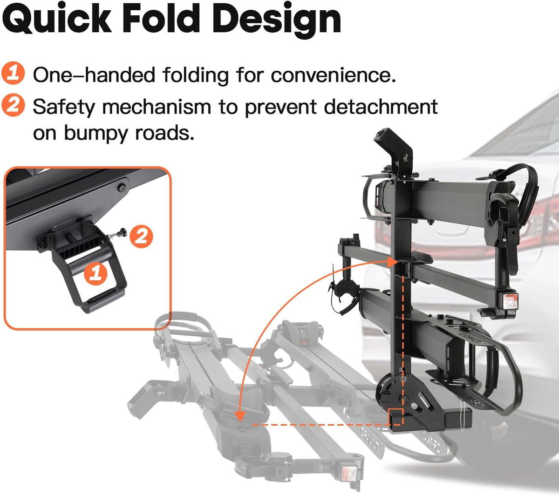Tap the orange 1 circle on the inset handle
[96, 272]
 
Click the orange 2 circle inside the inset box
[141, 237]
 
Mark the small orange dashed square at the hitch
[395, 417]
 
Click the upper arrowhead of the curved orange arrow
[392, 262]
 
